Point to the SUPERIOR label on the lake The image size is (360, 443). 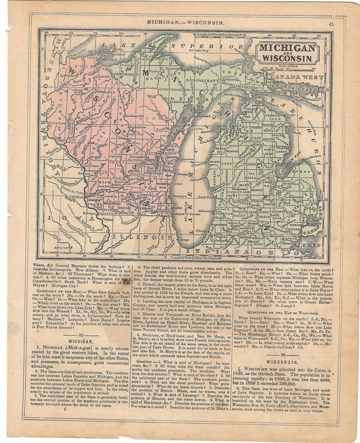click(187, 47)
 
